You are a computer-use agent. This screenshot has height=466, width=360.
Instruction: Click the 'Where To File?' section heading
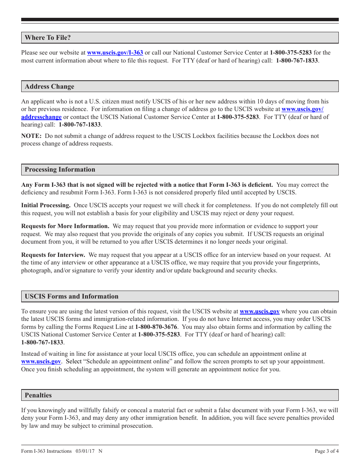coord(48,38)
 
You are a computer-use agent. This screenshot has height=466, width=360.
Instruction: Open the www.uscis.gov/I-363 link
coord(115,53)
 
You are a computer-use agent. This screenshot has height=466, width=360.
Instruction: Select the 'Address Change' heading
coord(50,86)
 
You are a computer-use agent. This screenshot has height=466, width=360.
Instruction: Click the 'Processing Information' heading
coord(60,170)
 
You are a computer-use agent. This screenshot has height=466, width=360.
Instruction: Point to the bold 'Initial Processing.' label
coord(46,205)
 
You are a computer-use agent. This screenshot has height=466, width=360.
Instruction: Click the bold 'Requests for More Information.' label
coord(65,226)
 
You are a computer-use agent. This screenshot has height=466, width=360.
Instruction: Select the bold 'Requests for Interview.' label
coord(53,255)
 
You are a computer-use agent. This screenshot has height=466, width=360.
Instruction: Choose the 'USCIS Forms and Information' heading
coord(72,297)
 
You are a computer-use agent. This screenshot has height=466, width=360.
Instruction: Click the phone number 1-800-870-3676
coord(156,327)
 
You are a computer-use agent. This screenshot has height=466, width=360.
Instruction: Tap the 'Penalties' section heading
coord(38,395)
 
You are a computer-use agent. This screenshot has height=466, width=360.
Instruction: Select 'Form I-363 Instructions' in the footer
coord(46,451)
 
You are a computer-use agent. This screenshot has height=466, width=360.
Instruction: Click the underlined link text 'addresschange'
coord(41,117)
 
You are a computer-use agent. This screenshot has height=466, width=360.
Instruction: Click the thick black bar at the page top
coord(180,20)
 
